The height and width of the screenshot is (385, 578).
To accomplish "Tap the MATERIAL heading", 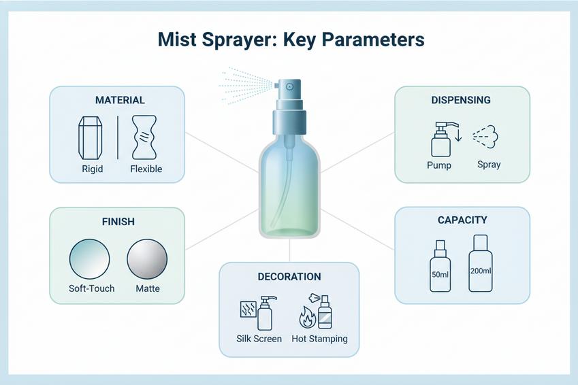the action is [x=120, y=100].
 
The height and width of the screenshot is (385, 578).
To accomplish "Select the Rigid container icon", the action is [x=91, y=138].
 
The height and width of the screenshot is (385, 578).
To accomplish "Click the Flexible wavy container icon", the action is [x=144, y=137].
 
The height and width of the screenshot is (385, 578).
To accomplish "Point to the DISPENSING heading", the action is [x=461, y=100].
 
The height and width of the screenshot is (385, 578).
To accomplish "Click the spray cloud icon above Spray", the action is [x=485, y=137].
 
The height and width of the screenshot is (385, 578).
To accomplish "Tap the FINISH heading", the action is [x=118, y=222].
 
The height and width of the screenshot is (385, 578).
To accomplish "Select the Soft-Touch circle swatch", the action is [x=90, y=259].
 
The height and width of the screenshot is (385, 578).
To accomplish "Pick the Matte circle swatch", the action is [x=147, y=259].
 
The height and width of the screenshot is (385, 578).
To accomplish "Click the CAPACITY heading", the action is [x=462, y=220].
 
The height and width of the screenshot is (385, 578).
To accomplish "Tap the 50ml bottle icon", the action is [x=440, y=266].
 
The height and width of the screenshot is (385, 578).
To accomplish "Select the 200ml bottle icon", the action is [x=481, y=263].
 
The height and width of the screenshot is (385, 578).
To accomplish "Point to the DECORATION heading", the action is [x=289, y=277].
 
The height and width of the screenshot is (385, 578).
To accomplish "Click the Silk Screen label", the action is [x=259, y=339].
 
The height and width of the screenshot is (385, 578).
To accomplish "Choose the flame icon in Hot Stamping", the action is [x=308, y=317].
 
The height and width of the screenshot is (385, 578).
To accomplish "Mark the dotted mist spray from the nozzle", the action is [x=246, y=85].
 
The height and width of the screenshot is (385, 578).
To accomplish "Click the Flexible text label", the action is [x=146, y=169].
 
